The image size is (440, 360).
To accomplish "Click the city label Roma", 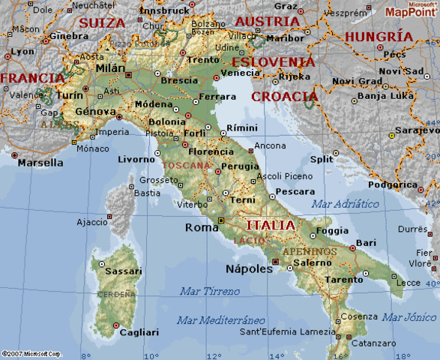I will pyautogui.click(x=202, y=227).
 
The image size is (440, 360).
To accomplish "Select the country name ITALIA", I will pyautogui.click(x=270, y=225).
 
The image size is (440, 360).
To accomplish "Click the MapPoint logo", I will pyautogui.click(x=411, y=10).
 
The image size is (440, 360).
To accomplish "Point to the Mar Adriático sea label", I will pyautogui.click(x=346, y=203).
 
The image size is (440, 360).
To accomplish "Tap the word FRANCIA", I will pyautogui.click(x=32, y=78).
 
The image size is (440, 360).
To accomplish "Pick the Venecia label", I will pyautogui.click(x=240, y=73).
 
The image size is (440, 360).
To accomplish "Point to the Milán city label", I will pyautogui.click(x=111, y=68).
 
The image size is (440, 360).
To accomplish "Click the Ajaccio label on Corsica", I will pyautogui.click(x=93, y=223).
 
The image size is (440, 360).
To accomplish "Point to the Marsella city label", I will pyautogui.click(x=40, y=163).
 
